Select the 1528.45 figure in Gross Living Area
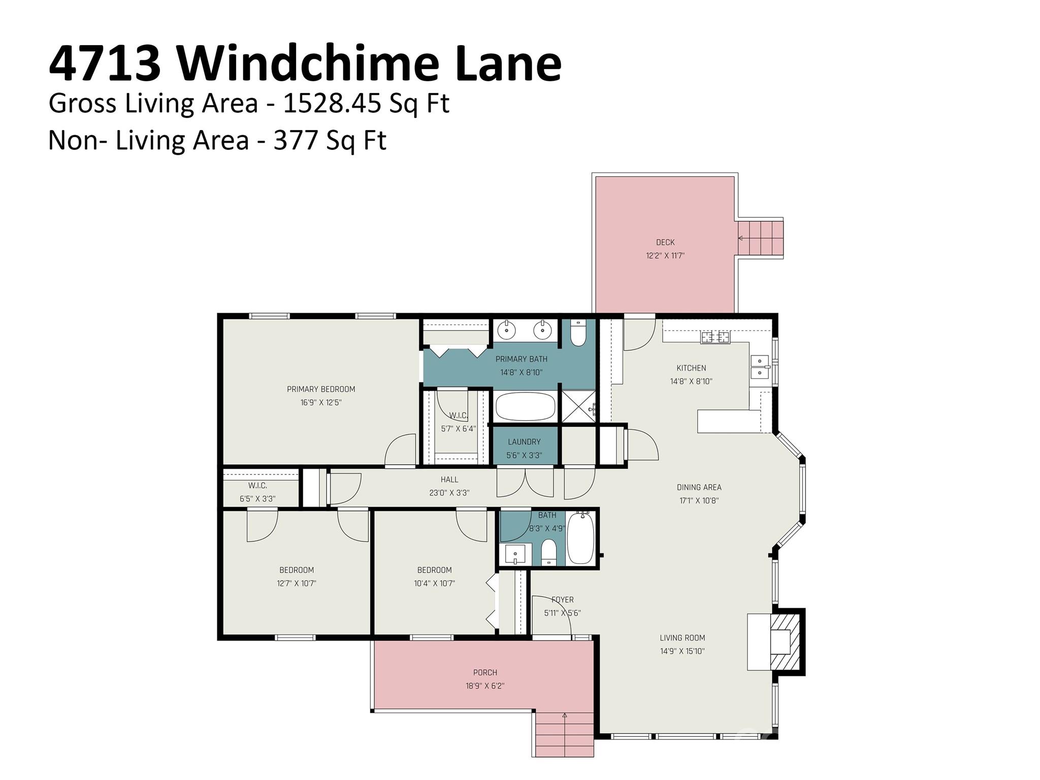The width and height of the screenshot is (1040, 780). pyautogui.click(x=332, y=104)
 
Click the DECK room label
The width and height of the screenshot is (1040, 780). pyautogui.click(x=665, y=243)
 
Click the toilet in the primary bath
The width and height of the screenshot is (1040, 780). pyautogui.click(x=578, y=334)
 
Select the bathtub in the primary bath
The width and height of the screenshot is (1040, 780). pyautogui.click(x=525, y=406)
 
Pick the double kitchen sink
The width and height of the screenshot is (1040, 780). pyautogui.click(x=760, y=367)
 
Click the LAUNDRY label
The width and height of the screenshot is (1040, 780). pyautogui.click(x=524, y=442)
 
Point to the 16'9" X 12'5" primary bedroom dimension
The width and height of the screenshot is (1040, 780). pyautogui.click(x=320, y=403)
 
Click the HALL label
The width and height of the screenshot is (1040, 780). pyautogui.click(x=449, y=479)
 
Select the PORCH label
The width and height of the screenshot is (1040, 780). pyautogui.click(x=485, y=673)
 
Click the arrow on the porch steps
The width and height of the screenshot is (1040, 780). pyautogui.click(x=565, y=716)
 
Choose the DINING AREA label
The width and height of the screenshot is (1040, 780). pyautogui.click(x=699, y=487)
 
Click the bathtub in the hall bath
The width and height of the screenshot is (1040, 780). pyautogui.click(x=580, y=538)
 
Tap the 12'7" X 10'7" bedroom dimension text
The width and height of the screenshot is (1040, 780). pyautogui.click(x=297, y=583)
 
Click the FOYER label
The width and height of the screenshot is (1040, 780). pyautogui.click(x=563, y=600)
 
